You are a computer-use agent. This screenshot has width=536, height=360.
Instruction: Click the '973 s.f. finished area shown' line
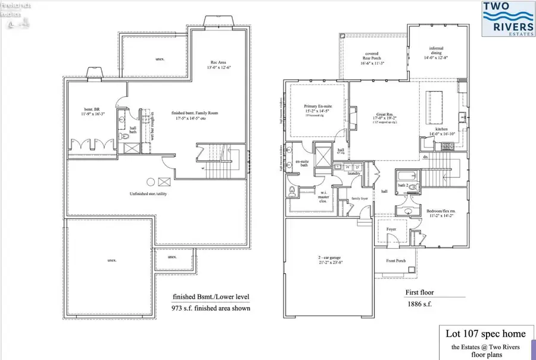(x=211, y=308)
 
